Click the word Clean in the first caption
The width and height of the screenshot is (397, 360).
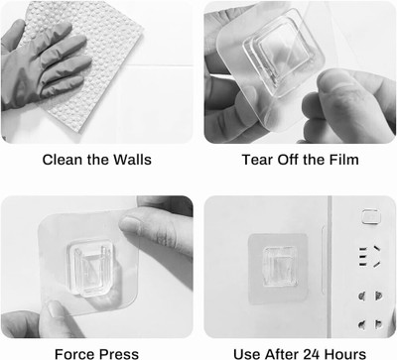click(63, 160)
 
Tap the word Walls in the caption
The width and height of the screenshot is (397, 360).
click(132, 160)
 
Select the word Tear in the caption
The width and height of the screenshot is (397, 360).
click(257, 160)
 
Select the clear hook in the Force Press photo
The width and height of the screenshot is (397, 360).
click(89, 267)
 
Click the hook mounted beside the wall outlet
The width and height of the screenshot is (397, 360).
click(279, 267)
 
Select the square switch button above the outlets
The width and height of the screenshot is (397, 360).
click(370, 216)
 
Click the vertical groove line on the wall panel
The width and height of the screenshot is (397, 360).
click(324, 260)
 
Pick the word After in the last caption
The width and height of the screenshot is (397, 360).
click(282, 354)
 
